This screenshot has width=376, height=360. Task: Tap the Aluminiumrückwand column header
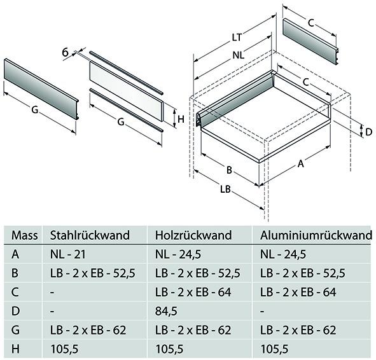coord(316,236)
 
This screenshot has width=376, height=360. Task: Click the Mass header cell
coord(25,236)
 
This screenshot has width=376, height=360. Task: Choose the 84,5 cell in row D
coord(165,312)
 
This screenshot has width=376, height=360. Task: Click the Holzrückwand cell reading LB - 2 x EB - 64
coord(197,293)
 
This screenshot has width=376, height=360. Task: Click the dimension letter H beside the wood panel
coord(181,118)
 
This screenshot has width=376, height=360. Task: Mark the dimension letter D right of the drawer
coord(368,132)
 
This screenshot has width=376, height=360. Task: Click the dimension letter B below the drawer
coord(228,170)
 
